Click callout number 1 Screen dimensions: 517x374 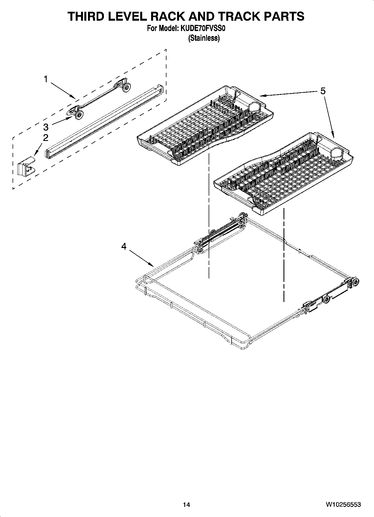45,79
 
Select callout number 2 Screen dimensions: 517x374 45,138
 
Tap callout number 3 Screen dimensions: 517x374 46,127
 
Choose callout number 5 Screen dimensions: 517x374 323,91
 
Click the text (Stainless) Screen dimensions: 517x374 204,38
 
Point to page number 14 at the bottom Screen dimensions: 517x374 186,505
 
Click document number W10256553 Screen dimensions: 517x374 343,505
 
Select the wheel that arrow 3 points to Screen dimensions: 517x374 80,114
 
